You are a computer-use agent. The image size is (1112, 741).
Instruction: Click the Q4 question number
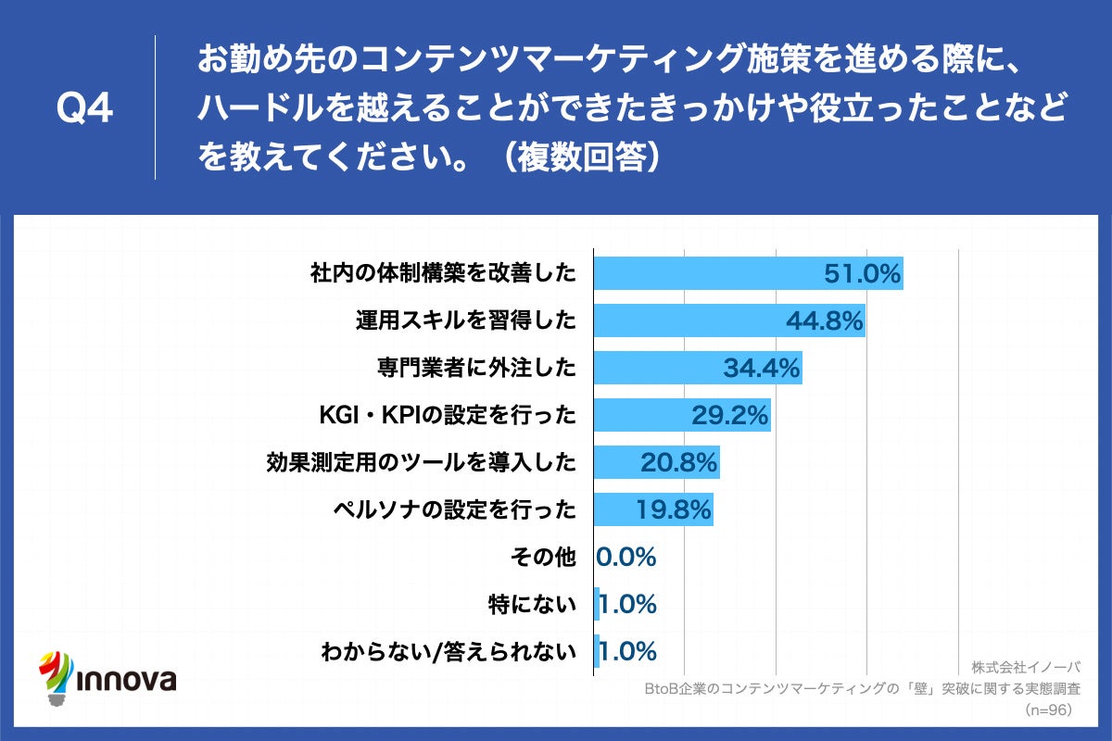tap(84, 108)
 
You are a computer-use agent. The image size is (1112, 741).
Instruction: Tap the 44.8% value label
tap(824, 320)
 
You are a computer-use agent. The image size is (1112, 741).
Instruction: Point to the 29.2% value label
tap(730, 416)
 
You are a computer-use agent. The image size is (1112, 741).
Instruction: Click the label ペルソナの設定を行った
tap(455, 510)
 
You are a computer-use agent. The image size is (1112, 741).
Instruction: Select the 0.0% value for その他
tap(626, 557)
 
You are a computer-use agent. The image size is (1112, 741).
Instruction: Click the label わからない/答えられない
tap(449, 651)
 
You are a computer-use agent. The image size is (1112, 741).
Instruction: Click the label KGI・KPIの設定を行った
tap(448, 416)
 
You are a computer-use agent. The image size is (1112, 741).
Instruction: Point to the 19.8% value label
tap(673, 510)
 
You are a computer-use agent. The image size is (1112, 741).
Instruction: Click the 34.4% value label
tap(761, 368)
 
